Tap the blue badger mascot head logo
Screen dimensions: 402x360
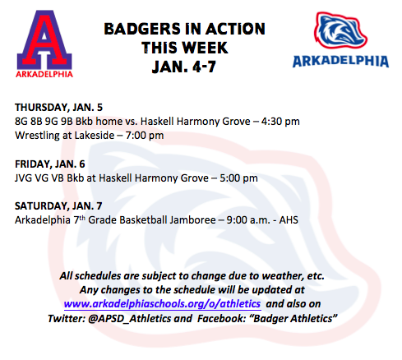coord(340,30)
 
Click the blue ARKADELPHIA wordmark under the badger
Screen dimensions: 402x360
coord(340,61)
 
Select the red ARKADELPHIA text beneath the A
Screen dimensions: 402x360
coord(44,74)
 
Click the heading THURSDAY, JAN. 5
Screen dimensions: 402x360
coord(58,108)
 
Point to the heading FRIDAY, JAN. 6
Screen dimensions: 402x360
coord(50,164)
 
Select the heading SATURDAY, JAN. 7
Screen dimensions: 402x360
coord(58,206)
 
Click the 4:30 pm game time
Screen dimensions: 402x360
coord(280,122)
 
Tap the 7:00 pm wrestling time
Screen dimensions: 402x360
coord(145,136)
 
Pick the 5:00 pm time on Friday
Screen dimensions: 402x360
coord(238,178)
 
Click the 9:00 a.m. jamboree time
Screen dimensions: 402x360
coord(248,220)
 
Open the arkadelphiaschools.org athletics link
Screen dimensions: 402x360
coord(162,304)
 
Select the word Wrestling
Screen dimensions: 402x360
coord(37,136)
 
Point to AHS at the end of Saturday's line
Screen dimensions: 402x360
coord(289,220)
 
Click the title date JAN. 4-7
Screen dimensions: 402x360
coord(184,67)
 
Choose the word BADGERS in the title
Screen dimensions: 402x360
coord(142,29)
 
